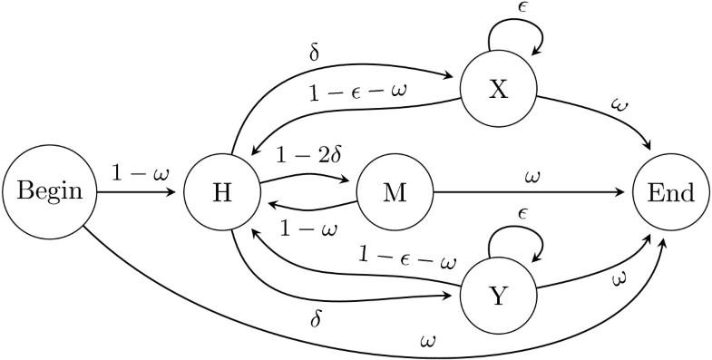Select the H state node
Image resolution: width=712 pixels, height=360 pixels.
click(220, 193)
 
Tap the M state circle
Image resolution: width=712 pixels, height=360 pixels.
click(395, 193)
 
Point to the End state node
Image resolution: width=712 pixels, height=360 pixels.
click(671, 193)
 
